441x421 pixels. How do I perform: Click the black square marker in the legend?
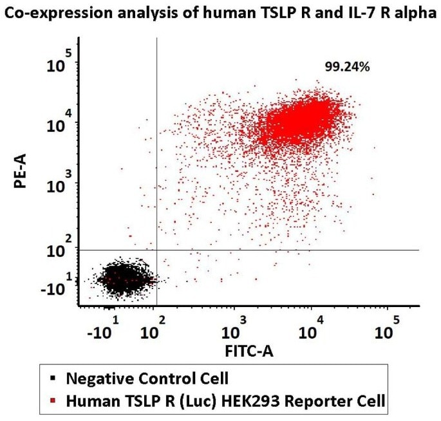click(54, 378)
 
